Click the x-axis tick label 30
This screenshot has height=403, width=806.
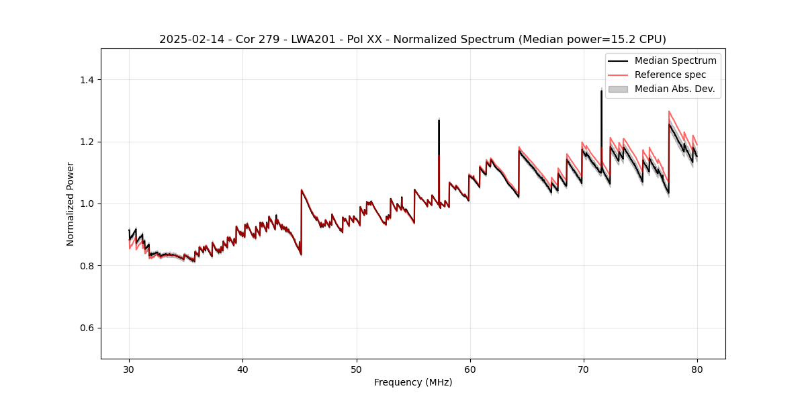point(130,369)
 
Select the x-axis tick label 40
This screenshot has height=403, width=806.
point(243,369)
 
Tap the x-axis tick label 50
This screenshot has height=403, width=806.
point(357,369)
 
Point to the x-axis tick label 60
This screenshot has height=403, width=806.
point(470,369)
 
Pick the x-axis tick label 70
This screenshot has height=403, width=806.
point(584,369)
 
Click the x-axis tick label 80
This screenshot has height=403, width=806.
point(697,369)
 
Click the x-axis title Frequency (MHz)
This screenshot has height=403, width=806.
point(413,382)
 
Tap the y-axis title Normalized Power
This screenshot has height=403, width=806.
point(71,204)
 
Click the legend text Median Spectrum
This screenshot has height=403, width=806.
point(675,60)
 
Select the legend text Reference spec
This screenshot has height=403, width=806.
point(670,75)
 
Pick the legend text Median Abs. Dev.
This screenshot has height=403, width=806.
point(674,89)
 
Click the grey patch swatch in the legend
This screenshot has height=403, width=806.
point(618,89)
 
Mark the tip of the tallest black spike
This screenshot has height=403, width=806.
point(601,90)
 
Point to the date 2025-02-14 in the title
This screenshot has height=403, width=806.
point(189,40)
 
